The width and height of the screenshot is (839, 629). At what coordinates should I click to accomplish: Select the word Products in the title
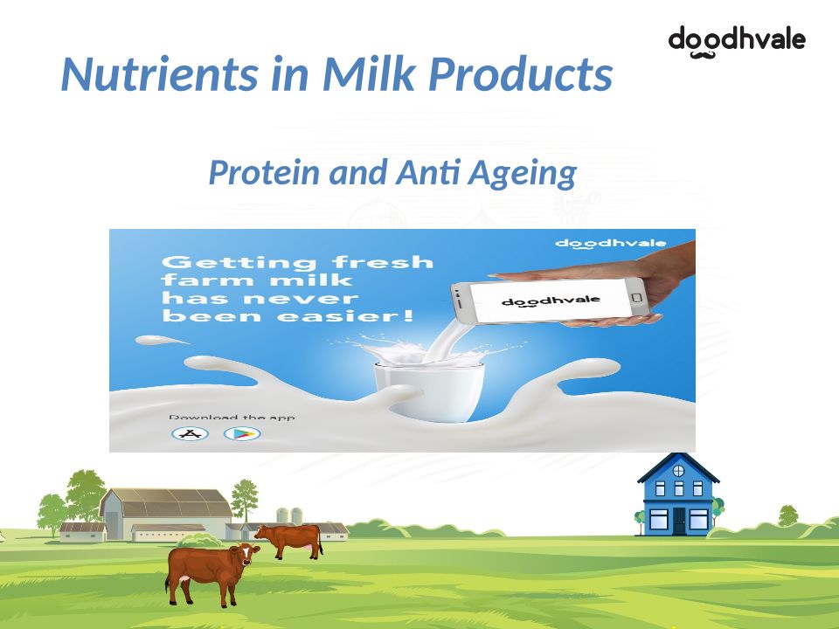tap(521, 73)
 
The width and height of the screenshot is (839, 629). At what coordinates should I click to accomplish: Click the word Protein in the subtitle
tap(264, 172)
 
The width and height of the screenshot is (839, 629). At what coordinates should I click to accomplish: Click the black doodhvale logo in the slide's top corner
tap(737, 41)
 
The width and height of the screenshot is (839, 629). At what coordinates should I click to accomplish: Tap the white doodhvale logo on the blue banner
tap(611, 244)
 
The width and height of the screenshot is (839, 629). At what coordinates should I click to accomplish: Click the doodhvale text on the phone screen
tap(551, 301)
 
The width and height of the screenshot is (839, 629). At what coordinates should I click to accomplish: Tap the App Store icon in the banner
tap(190, 433)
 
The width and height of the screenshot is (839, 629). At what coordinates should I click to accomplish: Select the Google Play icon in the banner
tap(242, 433)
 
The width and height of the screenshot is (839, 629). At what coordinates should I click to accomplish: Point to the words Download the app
tap(232, 418)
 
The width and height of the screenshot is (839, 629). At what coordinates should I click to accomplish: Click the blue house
tap(678, 494)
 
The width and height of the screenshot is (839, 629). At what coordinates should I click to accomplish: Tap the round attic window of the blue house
tap(678, 471)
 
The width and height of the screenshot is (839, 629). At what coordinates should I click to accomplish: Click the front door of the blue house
tap(679, 521)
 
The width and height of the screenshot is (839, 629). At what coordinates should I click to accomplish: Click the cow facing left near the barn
tap(289, 541)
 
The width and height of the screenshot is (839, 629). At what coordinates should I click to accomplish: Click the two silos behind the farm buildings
tap(289, 515)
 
